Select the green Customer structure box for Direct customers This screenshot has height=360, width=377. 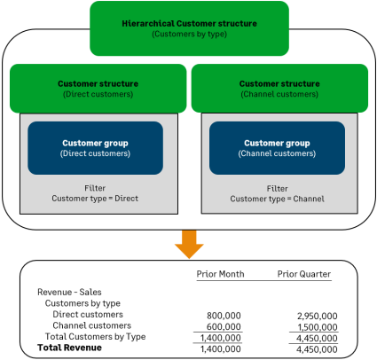point(96,88)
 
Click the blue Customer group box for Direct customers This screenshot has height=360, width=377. point(96,147)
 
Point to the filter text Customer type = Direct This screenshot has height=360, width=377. point(95,199)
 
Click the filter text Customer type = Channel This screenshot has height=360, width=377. point(278,199)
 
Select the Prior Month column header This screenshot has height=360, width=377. point(219,274)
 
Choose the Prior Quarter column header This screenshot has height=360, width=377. point(304,274)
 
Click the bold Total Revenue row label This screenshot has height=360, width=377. point(69,348)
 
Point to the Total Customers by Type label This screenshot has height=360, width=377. point(95,337)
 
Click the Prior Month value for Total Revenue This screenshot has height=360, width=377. point(223,348)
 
